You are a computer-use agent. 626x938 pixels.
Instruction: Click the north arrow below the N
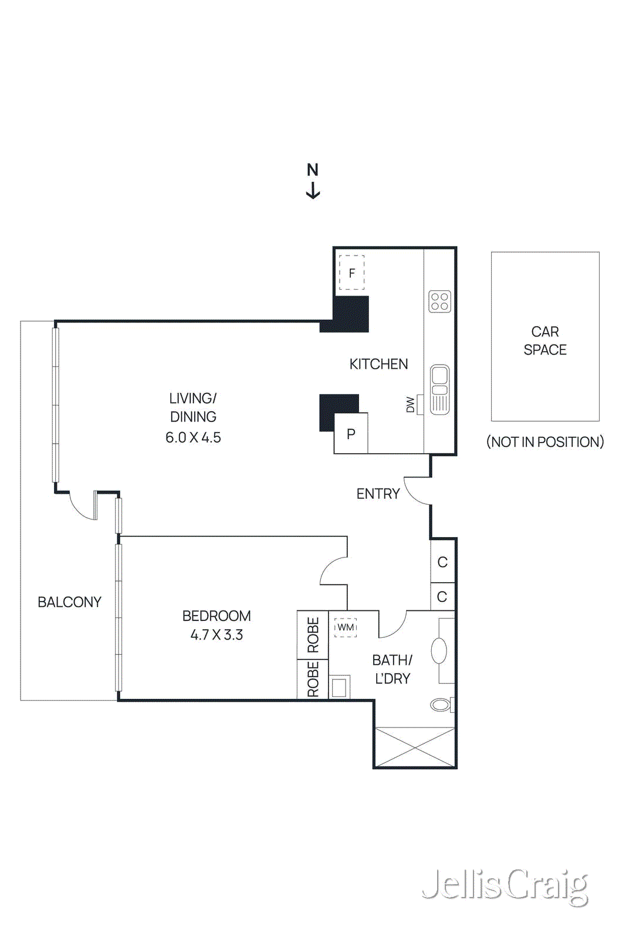pos(313,191)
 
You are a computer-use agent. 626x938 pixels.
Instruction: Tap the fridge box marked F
pos(351,273)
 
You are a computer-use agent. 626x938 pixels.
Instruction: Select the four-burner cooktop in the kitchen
pos(439,301)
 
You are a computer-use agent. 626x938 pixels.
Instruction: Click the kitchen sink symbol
pos(439,389)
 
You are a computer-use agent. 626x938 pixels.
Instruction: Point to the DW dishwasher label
pos(410,405)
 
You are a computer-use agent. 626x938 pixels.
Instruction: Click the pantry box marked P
pos(351,434)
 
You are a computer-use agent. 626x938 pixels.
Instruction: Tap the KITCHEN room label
pos(378,364)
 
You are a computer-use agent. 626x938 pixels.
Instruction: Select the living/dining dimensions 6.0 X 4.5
pos(193,437)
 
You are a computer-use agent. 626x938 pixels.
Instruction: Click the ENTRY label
pos(378,494)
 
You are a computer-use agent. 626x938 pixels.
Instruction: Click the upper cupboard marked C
pos(442,562)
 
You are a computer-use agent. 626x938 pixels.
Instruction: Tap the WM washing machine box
pos(346,627)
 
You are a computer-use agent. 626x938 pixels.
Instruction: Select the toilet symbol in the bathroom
pos(441,704)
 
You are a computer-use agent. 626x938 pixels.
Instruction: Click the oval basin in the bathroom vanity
pos(439,651)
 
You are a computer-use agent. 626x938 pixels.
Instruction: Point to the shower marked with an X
pos(415,747)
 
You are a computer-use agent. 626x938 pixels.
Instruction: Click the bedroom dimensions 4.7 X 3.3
pos(216,634)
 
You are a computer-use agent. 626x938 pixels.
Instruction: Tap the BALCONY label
pos(69,602)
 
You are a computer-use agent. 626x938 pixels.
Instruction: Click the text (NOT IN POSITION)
pos(544,442)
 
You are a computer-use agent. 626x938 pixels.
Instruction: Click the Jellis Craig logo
pos(505,885)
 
